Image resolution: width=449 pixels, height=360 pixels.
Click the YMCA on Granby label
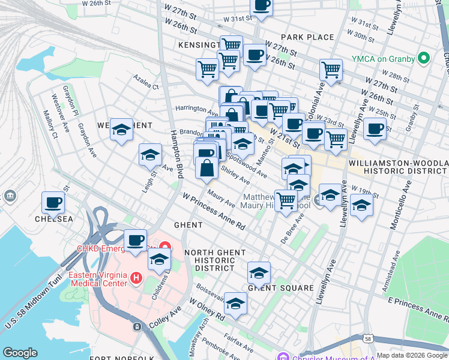(x=384, y=58)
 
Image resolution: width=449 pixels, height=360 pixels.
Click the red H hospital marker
(x=136, y=278)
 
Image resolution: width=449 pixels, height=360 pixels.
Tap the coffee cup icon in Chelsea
(x=53, y=203)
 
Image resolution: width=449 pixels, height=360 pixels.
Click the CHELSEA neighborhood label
(x=53, y=219)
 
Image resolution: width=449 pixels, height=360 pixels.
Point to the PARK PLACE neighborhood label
(x=307, y=37)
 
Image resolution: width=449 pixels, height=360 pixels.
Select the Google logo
(x=20, y=353)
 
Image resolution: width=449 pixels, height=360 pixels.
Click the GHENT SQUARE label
(x=281, y=288)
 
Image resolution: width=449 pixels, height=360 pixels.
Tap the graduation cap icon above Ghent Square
(x=259, y=272)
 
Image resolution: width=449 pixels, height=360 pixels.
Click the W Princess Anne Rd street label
(x=214, y=211)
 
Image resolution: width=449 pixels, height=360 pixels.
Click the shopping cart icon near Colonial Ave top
(x=331, y=69)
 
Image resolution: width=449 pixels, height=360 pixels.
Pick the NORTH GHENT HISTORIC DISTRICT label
(x=209, y=260)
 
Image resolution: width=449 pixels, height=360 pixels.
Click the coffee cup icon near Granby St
(x=375, y=128)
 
